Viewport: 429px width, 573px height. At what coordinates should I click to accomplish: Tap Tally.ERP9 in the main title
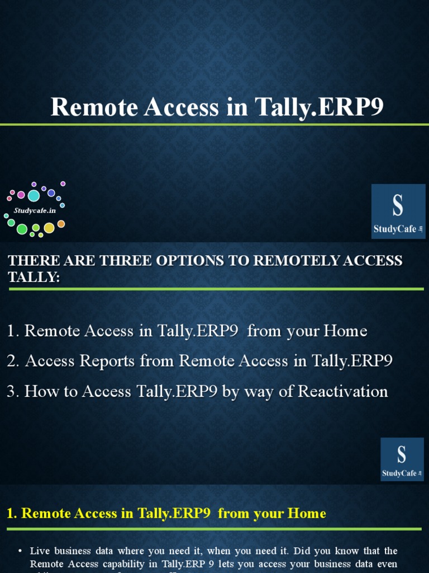(x=318, y=106)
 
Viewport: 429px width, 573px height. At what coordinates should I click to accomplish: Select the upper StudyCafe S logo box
(x=398, y=211)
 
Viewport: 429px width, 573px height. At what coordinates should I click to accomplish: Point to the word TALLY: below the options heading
(x=34, y=276)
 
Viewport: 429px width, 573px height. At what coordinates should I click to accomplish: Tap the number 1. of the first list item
(x=13, y=331)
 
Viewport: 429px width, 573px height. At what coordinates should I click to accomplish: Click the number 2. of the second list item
(x=13, y=361)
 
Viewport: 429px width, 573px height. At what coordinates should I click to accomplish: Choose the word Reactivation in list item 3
(x=342, y=391)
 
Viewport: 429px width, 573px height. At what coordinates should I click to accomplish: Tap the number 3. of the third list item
(x=13, y=391)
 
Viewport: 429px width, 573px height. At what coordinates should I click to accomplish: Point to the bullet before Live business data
(x=20, y=551)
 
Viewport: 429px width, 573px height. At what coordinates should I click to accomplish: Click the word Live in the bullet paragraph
(x=40, y=551)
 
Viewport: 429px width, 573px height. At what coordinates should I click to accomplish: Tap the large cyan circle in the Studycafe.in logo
(x=34, y=195)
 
